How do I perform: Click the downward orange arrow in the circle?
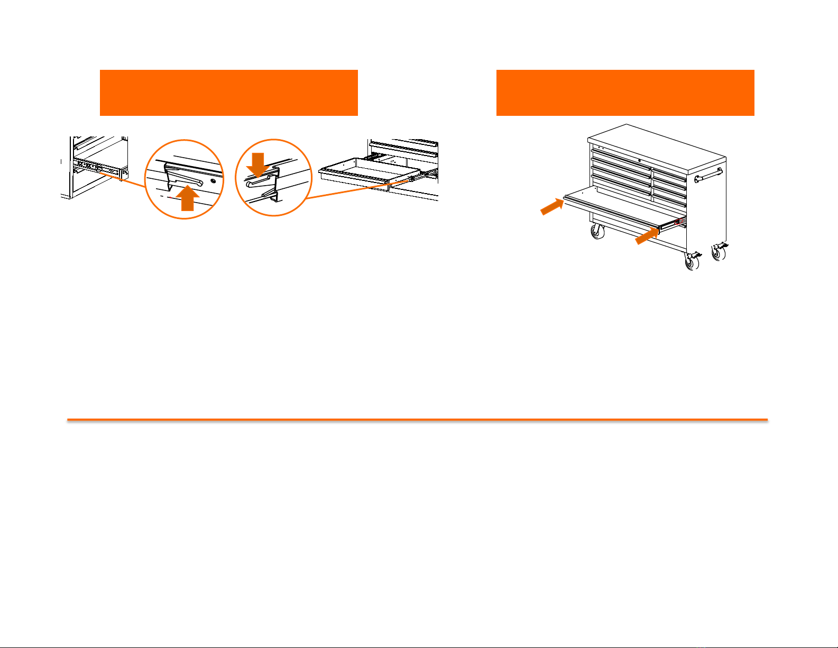258,165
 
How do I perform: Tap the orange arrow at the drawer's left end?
552,206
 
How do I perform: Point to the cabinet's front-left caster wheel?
598,231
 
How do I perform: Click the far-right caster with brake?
719,251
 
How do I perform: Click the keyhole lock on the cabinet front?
639,160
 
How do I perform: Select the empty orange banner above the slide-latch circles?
228,92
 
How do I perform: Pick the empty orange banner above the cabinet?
625,92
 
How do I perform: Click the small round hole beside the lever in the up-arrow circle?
213,181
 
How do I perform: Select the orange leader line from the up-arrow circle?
125,178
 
